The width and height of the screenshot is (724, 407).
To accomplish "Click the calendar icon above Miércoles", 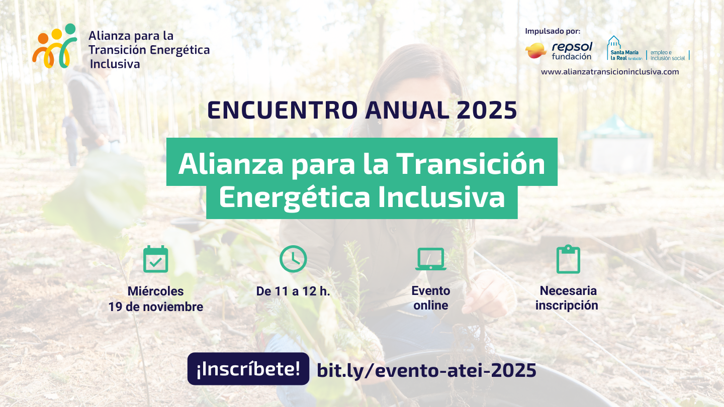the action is click(155, 259).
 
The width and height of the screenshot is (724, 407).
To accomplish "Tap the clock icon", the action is click(293, 259).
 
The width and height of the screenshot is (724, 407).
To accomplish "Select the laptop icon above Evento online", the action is click(431, 259).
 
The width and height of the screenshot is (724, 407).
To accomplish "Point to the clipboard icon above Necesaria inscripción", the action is click(568, 259).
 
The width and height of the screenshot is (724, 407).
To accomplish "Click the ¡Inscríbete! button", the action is click(248, 369).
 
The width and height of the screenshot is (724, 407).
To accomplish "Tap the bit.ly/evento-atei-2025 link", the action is click(427, 370).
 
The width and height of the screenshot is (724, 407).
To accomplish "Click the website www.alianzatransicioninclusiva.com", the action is click(610, 72).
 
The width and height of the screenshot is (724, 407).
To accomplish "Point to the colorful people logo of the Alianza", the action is click(55, 46).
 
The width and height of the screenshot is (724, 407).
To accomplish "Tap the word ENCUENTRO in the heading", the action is click(283, 111).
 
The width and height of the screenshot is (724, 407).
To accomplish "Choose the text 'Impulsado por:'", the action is click(553, 31).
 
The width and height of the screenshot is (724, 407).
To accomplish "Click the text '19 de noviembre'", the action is click(156, 307).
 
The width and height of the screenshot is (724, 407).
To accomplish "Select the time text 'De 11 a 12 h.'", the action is click(293, 291).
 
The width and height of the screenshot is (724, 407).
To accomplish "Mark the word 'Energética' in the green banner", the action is click(295, 197).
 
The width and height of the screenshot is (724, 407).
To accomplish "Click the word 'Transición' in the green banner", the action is click(471, 164).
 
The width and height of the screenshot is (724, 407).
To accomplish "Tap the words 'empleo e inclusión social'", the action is click(668, 55).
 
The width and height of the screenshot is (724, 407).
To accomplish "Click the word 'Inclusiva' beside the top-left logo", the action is click(115, 64).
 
